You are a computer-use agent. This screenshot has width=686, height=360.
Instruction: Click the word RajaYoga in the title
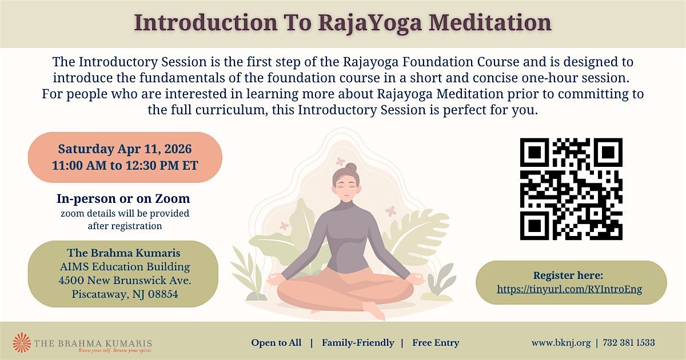tap(370, 23)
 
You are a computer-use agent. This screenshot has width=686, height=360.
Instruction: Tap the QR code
tap(571, 189)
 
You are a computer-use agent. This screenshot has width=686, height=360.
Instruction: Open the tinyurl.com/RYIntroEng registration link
tap(569, 289)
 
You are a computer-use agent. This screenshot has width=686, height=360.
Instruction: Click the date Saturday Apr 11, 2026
tap(125, 149)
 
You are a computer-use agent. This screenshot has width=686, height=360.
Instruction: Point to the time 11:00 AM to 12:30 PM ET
tap(125, 165)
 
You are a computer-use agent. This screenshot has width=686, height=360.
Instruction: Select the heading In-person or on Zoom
tap(123, 199)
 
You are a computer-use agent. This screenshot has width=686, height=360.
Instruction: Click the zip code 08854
tap(163, 294)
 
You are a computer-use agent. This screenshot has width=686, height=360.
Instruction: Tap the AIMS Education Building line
tap(125, 267)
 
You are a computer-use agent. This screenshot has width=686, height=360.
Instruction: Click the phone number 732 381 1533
tap(629, 342)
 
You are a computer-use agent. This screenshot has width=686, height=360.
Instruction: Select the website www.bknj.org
tap(561, 343)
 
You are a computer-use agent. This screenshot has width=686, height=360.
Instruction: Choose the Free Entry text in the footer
tap(436, 343)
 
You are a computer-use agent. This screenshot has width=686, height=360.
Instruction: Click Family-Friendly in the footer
tap(358, 343)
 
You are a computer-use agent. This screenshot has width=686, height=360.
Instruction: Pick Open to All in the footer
tap(276, 343)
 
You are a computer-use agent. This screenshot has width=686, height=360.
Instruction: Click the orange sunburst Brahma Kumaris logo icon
tap(22, 342)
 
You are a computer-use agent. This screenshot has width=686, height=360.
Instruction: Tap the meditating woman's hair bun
tap(351, 167)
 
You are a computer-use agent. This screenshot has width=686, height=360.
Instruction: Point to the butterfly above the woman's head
tap(340, 161)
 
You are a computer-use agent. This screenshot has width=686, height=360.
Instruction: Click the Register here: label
tap(568, 275)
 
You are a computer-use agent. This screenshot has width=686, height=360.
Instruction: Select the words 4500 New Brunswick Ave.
tap(125, 280)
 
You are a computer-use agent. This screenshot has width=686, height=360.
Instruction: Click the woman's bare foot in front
tap(374, 310)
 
